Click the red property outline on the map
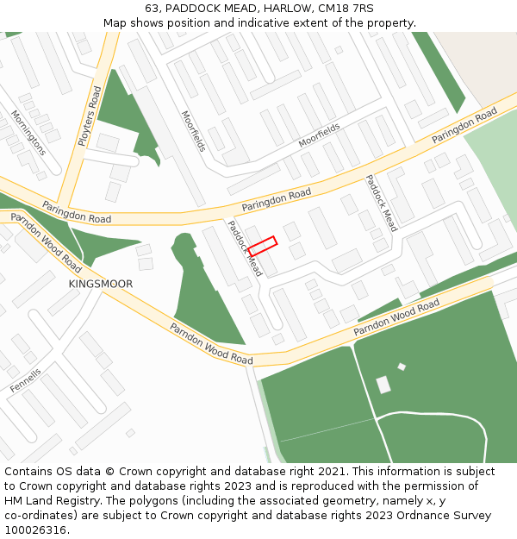point(262,246)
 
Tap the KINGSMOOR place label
point(101,284)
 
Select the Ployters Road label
point(90,115)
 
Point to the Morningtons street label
point(28,132)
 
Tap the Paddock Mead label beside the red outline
point(244,248)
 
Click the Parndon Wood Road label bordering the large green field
point(397,318)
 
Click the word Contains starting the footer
point(29,472)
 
